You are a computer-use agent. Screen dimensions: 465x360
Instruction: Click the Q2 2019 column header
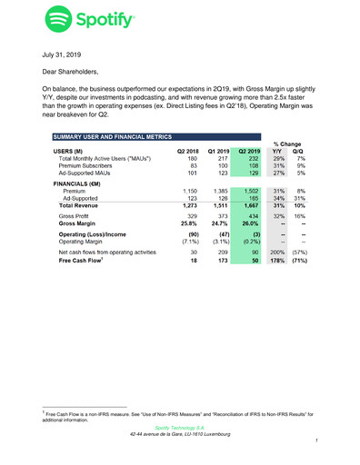point(247,149)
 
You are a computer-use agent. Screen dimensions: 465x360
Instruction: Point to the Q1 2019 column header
point(217,149)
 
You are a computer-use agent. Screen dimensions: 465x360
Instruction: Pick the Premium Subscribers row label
point(92,165)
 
